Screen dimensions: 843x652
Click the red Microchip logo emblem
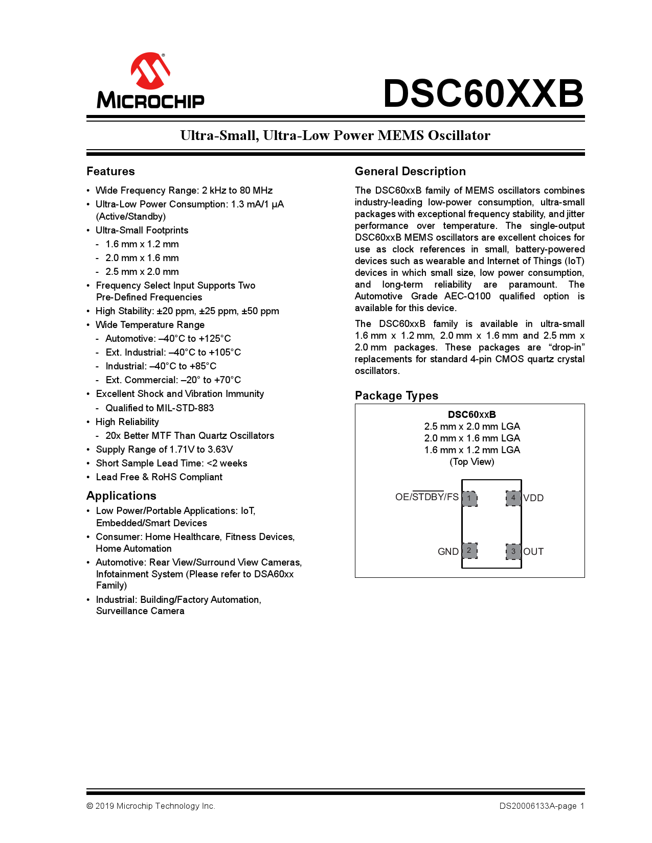click(x=150, y=71)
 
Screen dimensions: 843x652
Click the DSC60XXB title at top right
click(x=483, y=93)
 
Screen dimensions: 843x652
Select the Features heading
click(x=110, y=171)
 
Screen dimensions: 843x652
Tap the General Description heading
click(x=410, y=171)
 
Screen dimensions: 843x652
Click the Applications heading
click(x=121, y=496)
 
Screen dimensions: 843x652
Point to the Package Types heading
click(x=396, y=395)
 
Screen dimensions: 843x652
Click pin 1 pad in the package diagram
click(x=469, y=498)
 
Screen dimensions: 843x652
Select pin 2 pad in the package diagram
click(x=469, y=550)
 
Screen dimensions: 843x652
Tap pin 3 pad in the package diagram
click(x=513, y=551)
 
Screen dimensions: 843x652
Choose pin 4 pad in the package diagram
click(x=513, y=498)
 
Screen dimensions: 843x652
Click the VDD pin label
click(x=533, y=498)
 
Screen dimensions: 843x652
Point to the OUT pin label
click(x=533, y=552)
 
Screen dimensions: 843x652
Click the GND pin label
click(x=448, y=552)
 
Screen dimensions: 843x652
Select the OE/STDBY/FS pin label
click(x=426, y=497)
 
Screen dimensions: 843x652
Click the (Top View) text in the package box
click(x=471, y=462)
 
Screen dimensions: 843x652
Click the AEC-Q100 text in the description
click(x=467, y=296)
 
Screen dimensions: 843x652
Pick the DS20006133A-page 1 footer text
click(x=542, y=806)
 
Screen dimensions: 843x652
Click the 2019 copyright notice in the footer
click(x=151, y=806)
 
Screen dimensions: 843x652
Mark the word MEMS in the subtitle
click(x=400, y=135)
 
